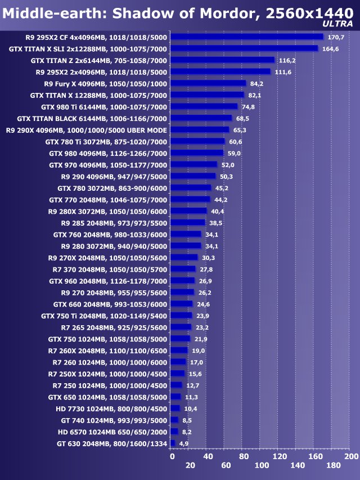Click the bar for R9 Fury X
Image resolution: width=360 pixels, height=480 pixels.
pyautogui.click(x=208, y=83)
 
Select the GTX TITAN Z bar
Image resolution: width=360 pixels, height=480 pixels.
pyautogui.click(x=222, y=60)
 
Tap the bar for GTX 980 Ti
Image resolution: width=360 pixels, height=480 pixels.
pyautogui.click(x=204, y=106)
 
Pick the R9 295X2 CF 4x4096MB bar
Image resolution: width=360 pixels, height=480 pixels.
pyautogui.click(x=247, y=37)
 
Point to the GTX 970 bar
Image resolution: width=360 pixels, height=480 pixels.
pyautogui.click(x=193, y=164)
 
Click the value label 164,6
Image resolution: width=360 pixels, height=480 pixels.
pyautogui.click(x=331, y=49)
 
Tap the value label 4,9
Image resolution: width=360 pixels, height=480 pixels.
pyautogui.click(x=184, y=443)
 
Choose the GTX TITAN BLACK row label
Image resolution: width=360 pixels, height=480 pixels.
pyautogui.click(x=92, y=118)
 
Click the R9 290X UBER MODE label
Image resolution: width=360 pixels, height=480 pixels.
pyautogui.click(x=86, y=130)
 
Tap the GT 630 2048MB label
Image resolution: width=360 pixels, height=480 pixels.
pyautogui.click(x=112, y=443)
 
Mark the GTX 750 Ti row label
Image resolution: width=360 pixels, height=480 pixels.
pyautogui.click(x=104, y=316)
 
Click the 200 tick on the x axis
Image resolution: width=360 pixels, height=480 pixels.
pyautogui.click(x=351, y=456)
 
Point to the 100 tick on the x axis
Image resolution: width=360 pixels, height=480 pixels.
pyautogui.click(x=262, y=465)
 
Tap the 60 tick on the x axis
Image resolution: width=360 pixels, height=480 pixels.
pyautogui.click(x=226, y=465)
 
